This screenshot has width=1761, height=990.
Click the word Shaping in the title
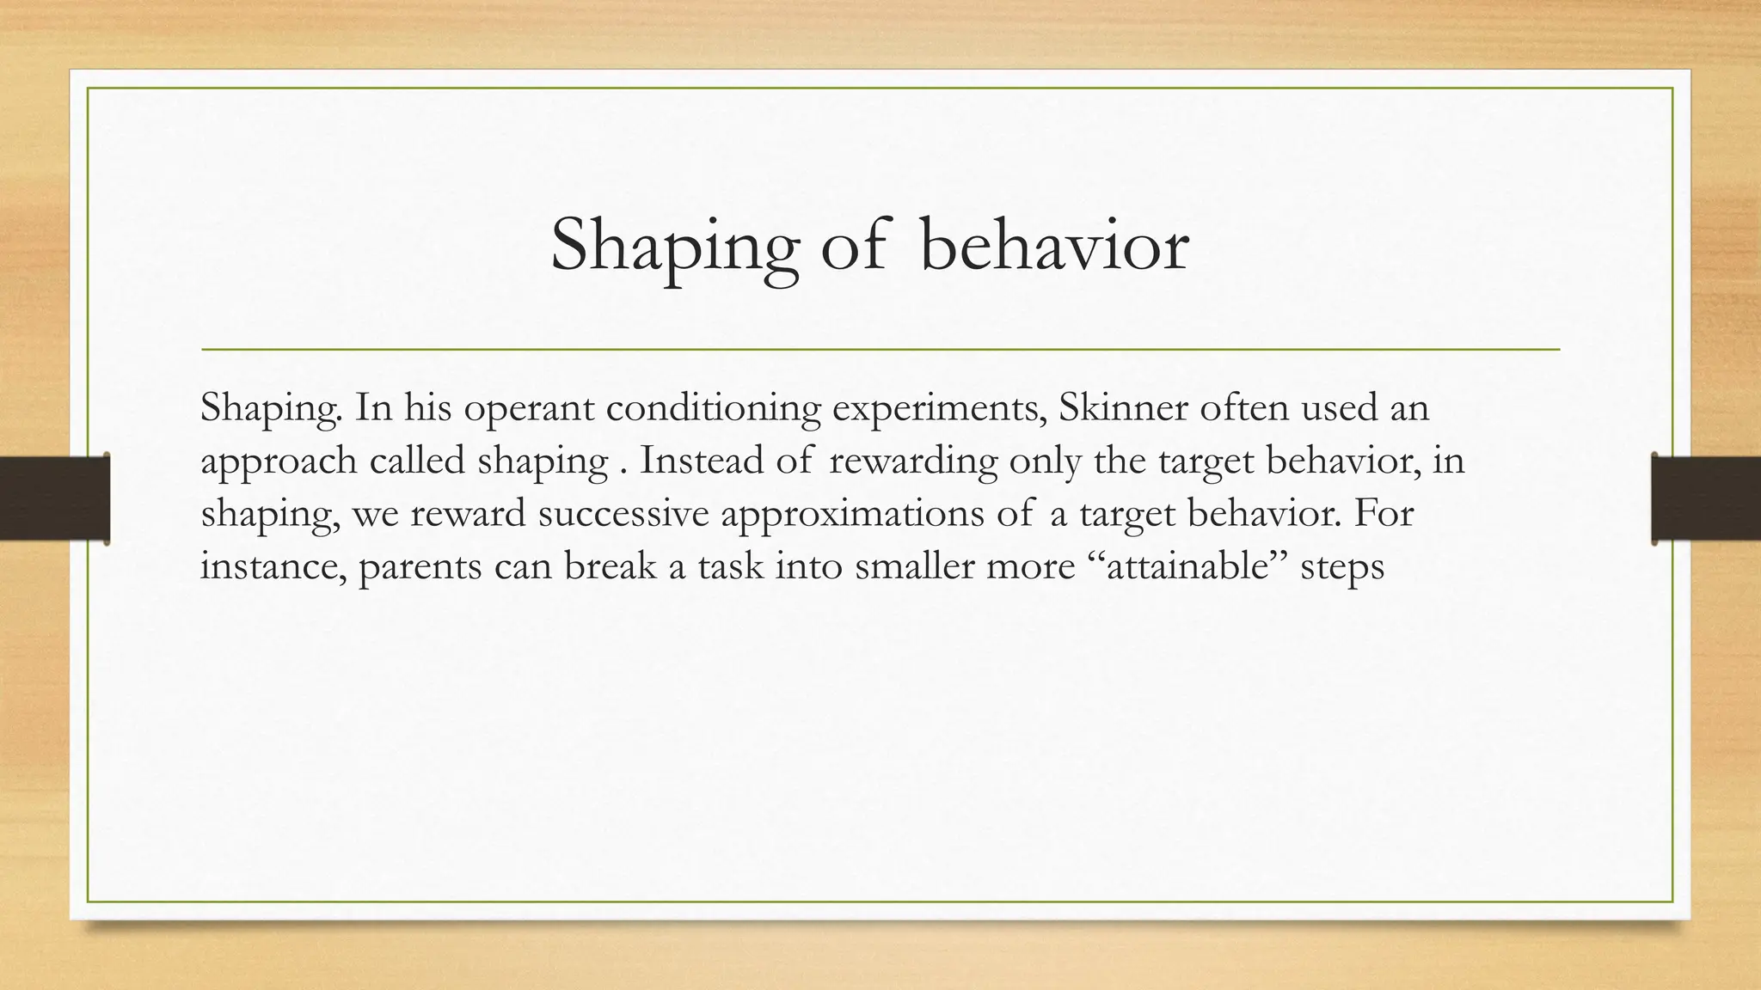673,247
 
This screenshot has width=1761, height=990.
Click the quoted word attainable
1188,567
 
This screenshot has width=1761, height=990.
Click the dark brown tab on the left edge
54,498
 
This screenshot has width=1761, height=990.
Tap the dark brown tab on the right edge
1706,498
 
